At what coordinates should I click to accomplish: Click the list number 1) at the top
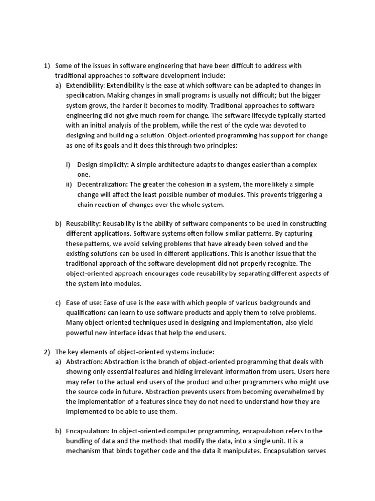(x=47, y=66)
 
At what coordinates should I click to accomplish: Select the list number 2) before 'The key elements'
(x=47, y=351)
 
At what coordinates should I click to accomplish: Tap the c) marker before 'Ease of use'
(x=58, y=303)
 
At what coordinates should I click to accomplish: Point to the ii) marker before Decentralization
(x=69, y=184)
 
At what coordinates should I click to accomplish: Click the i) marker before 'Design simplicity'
(x=68, y=165)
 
